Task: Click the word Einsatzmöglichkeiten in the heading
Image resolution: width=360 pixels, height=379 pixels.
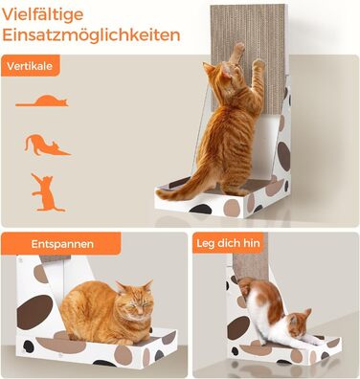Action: tap(91, 36)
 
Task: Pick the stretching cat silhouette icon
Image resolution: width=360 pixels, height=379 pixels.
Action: tap(46, 145)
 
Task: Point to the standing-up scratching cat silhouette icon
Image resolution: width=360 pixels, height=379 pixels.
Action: tap(42, 190)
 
